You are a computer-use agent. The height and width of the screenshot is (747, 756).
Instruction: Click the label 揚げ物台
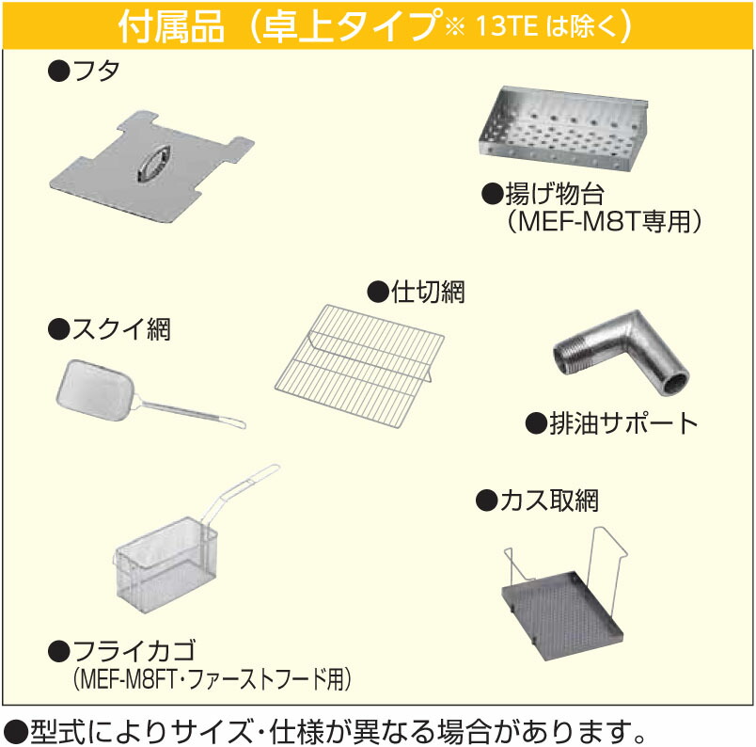[555, 195]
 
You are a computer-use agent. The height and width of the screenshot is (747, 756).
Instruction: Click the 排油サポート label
[622, 422]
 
